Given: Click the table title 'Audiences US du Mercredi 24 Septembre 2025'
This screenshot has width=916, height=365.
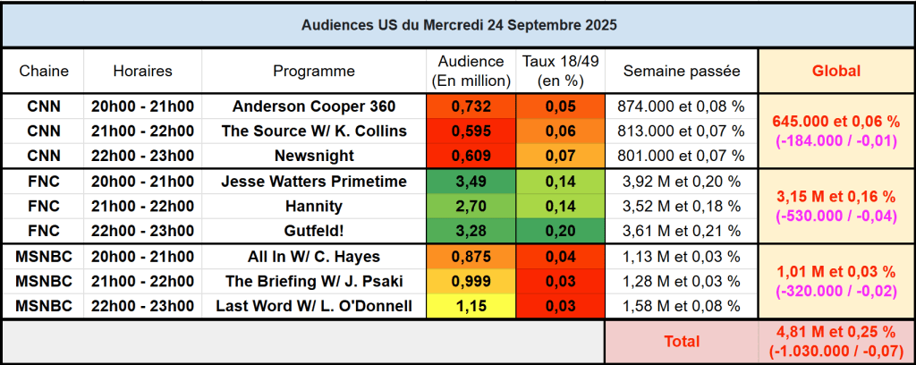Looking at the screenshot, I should point(457,24).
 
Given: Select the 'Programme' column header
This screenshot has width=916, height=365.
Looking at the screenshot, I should point(314,71).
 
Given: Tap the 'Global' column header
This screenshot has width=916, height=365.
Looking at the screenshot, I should point(835,71).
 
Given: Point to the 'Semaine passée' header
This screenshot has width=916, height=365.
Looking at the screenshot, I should point(682,71).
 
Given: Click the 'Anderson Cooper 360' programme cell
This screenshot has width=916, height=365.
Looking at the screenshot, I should point(314,106).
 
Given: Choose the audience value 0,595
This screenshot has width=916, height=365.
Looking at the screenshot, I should point(471,131).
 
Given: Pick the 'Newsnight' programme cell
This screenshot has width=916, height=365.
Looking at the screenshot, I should point(314,156).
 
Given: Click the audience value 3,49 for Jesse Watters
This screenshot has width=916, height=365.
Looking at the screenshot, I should point(471,182).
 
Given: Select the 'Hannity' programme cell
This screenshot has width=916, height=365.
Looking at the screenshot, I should point(314,207).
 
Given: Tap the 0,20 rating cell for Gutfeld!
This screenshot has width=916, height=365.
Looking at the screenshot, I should point(561,231).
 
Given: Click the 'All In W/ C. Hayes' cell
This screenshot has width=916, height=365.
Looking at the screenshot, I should point(314,257).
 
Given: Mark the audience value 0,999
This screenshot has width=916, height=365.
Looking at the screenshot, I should point(471,281).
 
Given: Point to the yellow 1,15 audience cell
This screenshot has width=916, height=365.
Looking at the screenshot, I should point(471,306).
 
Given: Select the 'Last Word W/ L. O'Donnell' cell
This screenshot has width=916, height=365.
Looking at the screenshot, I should point(314,306).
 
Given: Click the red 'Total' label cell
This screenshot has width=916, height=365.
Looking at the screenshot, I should point(682,341).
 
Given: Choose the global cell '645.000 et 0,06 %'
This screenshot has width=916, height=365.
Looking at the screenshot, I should point(835,123).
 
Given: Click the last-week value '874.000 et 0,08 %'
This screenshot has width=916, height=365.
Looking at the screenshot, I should point(682,106).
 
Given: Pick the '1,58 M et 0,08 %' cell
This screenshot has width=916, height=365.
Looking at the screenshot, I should point(682,306).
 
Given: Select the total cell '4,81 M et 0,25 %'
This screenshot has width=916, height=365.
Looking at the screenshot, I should point(835,333).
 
